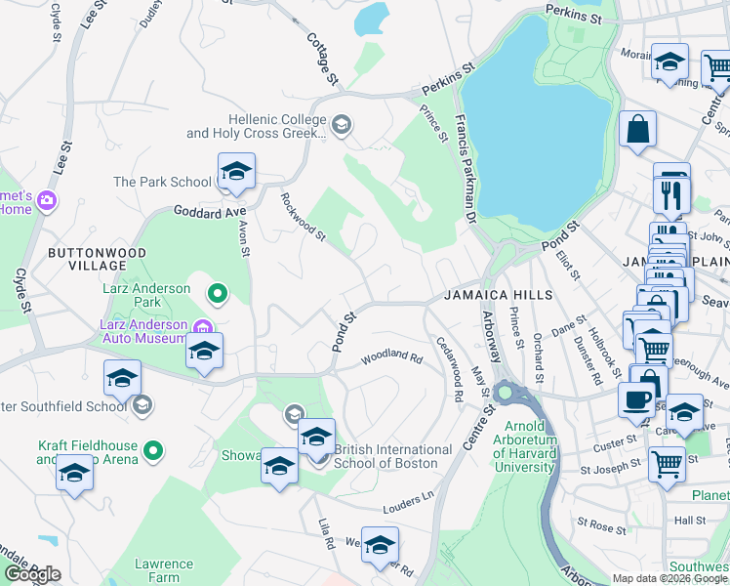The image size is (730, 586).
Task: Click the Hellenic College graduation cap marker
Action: tap(341, 124)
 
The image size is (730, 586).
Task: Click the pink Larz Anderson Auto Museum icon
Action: tap(202, 326)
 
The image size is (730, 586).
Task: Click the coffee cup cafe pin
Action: tap(637, 400)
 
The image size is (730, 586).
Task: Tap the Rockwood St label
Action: tap(302, 217)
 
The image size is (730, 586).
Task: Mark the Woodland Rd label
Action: tap(390, 358)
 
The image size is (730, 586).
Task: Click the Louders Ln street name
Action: tap(408, 498)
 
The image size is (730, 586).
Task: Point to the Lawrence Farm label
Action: tap(163, 570)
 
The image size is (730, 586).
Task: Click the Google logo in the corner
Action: tap(32, 574)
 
